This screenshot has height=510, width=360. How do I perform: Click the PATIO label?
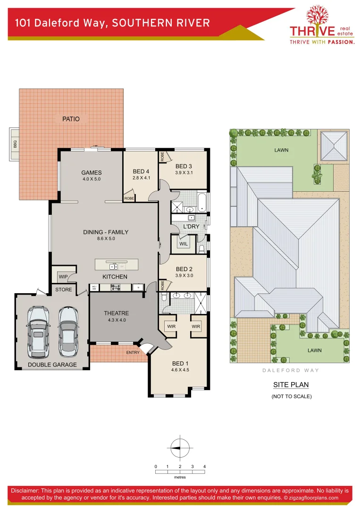71,119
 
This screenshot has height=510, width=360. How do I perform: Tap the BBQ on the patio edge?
15,144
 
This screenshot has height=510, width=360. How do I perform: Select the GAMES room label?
92,172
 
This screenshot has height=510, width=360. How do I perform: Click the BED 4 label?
141,171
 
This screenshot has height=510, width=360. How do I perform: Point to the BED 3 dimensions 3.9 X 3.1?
184,173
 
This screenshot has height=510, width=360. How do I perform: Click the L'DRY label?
191,227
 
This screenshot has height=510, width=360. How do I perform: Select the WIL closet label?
184,244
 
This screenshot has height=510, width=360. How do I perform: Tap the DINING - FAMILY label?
106,232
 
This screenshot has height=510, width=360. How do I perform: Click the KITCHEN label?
115,276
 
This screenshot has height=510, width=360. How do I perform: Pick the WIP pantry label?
63,277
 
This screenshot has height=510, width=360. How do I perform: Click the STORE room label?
64,289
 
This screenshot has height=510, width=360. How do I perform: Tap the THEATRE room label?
116,313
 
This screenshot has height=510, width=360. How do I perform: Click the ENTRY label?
133,352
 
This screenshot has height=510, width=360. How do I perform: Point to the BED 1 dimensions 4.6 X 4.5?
180,370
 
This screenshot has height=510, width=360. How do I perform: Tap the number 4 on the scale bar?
204,467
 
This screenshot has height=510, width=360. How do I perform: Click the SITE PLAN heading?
291,385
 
